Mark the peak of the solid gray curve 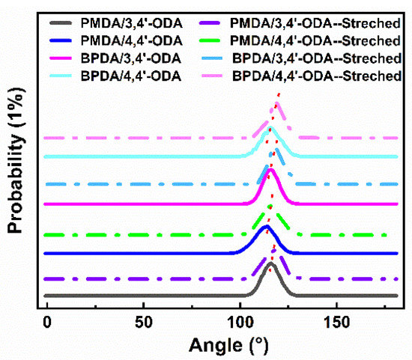click(x=270, y=264)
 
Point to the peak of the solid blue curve click(x=266, y=226)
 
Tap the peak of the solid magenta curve click(x=270, y=170)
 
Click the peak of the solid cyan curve click(x=270, y=129)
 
